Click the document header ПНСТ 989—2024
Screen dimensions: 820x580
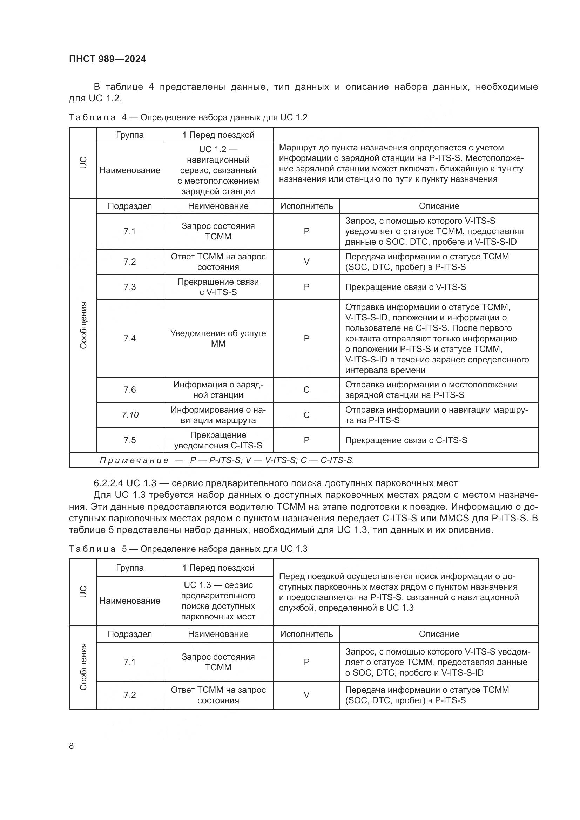point(108,59)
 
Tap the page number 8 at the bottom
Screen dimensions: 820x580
point(72,746)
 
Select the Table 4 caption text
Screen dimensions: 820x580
point(188,117)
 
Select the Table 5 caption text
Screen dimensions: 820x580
point(188,549)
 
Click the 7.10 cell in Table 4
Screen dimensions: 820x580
point(130,415)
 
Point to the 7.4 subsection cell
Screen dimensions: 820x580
point(130,338)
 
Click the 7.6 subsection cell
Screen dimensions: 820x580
point(130,389)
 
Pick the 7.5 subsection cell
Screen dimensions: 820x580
point(130,440)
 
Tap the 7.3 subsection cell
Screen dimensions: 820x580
point(130,287)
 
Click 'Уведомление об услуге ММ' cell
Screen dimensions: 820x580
point(218,338)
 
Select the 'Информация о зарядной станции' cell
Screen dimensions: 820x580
point(218,389)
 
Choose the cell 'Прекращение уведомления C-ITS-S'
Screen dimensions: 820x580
point(218,440)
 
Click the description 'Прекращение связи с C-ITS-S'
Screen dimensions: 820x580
point(406,440)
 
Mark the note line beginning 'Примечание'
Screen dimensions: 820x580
point(227,460)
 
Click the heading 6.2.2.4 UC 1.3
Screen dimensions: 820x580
point(275,483)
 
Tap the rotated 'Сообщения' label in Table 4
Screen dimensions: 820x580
point(83,325)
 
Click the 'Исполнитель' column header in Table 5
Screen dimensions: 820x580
point(306,634)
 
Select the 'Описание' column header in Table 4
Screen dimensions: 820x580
point(439,206)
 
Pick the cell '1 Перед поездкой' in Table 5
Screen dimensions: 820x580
point(218,568)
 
